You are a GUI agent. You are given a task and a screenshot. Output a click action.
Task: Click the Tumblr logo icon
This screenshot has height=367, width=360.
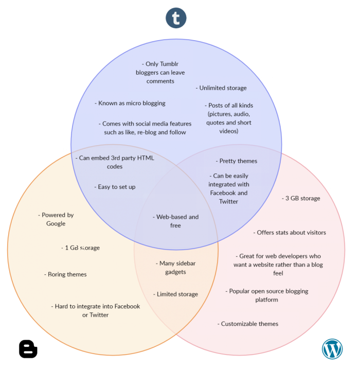(176, 18)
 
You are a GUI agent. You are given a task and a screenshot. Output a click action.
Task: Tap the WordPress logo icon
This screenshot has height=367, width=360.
(332, 348)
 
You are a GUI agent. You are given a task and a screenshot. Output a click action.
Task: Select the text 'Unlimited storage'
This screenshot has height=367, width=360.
(221, 88)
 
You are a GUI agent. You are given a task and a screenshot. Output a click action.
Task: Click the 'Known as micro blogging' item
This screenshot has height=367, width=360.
(130, 103)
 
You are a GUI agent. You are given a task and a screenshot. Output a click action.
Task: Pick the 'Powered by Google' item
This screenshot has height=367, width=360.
(56, 219)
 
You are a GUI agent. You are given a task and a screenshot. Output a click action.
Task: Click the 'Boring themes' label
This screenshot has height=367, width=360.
(65, 274)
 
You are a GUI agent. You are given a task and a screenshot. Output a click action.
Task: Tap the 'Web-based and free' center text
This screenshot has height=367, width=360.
(175, 221)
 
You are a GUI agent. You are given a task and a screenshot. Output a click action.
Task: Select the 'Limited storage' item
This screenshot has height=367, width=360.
(175, 294)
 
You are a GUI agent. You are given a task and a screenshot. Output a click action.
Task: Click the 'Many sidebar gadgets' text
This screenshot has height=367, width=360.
(176, 268)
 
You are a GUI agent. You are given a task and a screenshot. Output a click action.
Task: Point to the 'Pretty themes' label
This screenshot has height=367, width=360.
(236, 161)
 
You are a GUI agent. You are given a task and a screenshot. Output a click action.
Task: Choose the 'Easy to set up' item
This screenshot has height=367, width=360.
(115, 187)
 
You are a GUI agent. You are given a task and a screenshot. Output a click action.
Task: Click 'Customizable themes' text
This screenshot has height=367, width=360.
(248, 324)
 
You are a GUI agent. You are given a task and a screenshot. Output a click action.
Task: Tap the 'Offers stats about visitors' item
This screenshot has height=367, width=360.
(290, 232)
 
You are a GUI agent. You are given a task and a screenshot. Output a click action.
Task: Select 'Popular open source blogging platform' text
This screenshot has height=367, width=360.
(267, 295)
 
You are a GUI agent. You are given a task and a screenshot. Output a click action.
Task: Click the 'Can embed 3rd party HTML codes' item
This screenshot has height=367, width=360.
(115, 162)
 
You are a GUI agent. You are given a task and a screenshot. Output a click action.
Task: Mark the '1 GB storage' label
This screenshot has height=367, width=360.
(80, 248)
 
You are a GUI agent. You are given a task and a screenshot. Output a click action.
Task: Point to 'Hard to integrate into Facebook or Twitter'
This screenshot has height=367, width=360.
(96, 310)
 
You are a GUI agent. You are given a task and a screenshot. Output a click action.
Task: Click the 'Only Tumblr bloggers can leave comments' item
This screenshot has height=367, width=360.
(160, 73)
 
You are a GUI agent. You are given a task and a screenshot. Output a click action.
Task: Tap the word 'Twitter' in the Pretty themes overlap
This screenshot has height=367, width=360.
(229, 201)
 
